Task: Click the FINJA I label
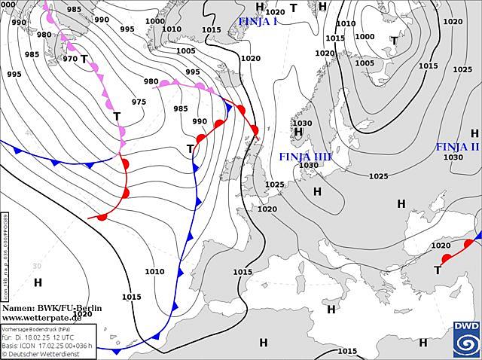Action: click(x=258, y=21)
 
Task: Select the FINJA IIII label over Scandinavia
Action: click(x=305, y=156)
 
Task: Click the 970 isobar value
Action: click(x=70, y=58)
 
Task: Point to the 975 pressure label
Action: click(x=139, y=102)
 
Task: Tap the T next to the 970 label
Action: click(x=84, y=58)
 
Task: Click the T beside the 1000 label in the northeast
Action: click(x=394, y=40)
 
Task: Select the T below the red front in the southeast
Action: click(x=438, y=270)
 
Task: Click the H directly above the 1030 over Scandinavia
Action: click(x=298, y=133)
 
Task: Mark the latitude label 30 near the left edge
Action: click(x=36, y=266)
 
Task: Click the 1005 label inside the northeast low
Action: click(x=364, y=63)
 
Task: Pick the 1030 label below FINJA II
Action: click(x=453, y=157)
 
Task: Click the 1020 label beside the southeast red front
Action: click(x=441, y=245)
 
